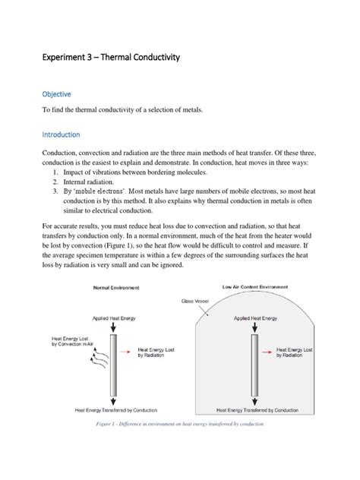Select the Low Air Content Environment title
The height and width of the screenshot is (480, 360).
(258, 286)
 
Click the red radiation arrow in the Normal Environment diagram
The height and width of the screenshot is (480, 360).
(131, 353)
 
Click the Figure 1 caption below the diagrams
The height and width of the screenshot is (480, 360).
(180, 425)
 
